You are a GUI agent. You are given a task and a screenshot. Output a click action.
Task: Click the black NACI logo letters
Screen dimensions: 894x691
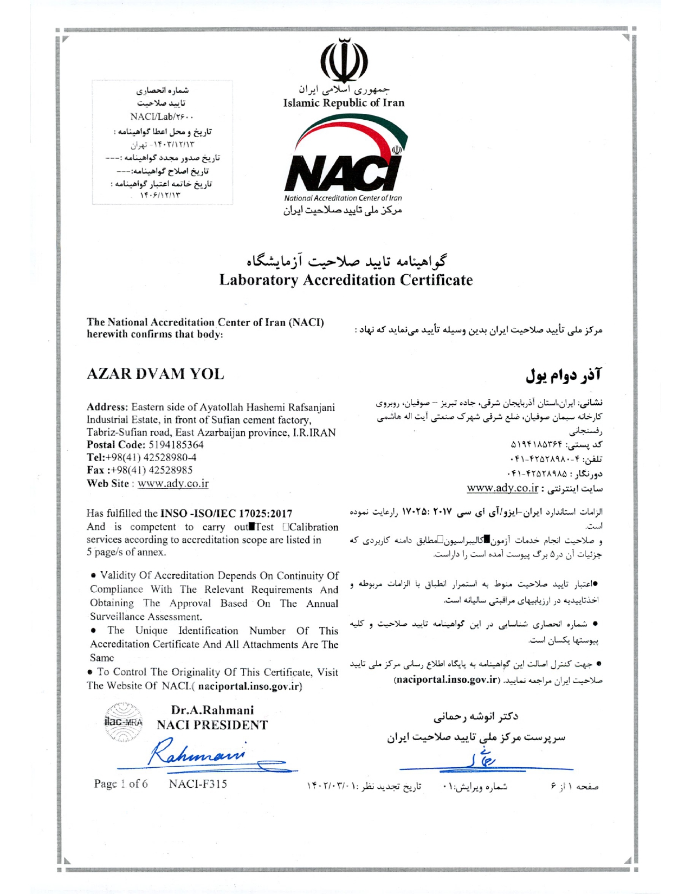tap(342, 173)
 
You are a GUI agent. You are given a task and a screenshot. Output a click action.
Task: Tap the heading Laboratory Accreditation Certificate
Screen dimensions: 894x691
tap(346, 280)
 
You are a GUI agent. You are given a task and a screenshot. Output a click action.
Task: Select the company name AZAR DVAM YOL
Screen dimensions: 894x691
tap(155, 374)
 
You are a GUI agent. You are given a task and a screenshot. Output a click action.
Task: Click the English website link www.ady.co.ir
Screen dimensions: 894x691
tap(173, 484)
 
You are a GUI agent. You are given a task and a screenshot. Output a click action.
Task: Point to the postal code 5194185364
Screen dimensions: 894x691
tap(176, 445)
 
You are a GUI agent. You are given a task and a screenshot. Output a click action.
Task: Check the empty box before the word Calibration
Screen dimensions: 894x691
tap(285, 527)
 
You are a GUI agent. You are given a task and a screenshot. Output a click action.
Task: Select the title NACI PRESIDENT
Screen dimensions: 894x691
tap(212, 725)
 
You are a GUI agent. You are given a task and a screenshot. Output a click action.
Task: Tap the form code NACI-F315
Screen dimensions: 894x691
tap(198, 783)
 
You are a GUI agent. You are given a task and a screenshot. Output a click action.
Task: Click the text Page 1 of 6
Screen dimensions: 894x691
tap(120, 783)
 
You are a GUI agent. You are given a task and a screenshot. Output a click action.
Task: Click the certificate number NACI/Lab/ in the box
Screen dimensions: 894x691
tap(162, 116)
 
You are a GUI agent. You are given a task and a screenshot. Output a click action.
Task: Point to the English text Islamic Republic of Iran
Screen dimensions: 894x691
tap(344, 103)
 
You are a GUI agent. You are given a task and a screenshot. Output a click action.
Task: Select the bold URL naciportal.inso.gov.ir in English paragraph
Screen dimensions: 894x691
tap(249, 686)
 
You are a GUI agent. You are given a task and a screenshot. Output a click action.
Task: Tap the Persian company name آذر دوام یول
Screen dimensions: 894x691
tap(564, 374)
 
